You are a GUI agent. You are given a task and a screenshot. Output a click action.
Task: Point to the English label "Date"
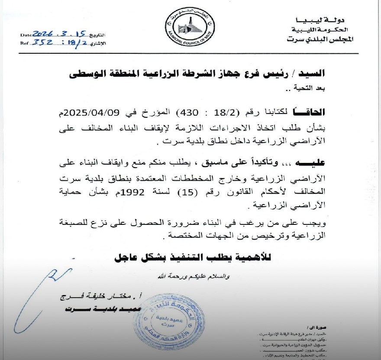(26, 34)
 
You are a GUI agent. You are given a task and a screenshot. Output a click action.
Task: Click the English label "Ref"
(24, 43)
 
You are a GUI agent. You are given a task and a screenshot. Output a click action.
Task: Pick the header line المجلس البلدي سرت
(320, 39)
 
